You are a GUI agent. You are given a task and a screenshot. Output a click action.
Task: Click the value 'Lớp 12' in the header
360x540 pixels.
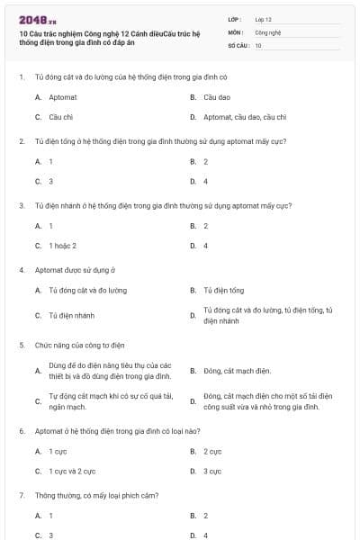pos(263,18)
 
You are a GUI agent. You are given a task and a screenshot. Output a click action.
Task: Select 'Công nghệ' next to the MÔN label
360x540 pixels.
pos(267,31)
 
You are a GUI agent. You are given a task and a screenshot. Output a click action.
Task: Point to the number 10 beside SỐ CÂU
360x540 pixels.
pos(258,44)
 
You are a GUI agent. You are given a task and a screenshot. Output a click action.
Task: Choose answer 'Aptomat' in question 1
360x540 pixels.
pos(61,96)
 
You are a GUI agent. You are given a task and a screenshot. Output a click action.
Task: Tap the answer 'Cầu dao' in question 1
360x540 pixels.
pos(217,96)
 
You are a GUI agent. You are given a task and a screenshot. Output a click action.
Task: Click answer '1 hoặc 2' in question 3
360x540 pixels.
pos(62,246)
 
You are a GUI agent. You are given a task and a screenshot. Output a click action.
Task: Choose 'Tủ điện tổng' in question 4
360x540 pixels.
pos(223,291)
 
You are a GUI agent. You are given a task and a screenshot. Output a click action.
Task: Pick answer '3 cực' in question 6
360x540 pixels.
pos(212,471)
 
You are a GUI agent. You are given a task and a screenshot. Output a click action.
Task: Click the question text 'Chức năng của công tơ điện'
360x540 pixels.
pos(79,345)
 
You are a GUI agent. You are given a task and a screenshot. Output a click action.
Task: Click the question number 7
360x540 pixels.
pos(21,495)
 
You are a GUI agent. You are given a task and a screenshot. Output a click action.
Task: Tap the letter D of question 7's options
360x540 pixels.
pos(193,535)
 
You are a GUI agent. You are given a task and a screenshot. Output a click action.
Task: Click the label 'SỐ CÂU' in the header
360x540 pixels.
pos(238,44)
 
